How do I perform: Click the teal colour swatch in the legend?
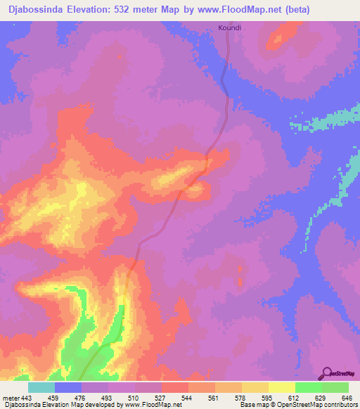click(x=41, y=387)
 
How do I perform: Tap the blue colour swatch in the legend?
click(x=68, y=387)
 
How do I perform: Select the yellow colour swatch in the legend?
click(x=281, y=387)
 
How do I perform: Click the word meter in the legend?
click(x=11, y=397)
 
